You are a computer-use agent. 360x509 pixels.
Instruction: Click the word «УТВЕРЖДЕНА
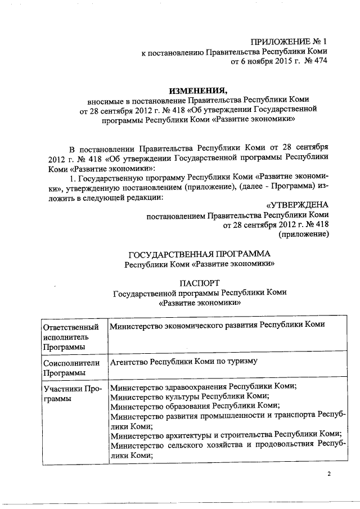point(296,204)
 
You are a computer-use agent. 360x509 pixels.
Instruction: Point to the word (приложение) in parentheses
point(303,235)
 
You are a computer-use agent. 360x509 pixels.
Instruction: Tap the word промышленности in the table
point(217,416)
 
